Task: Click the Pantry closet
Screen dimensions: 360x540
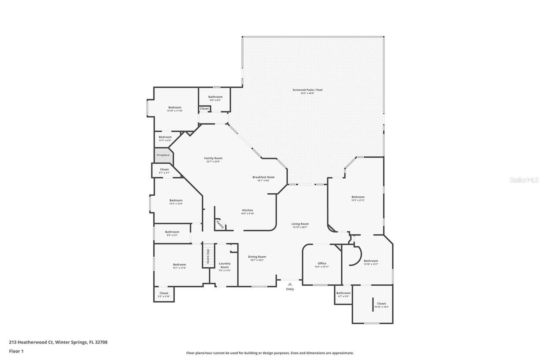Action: [x=219, y=224]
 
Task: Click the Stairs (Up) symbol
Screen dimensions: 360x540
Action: [x=208, y=256]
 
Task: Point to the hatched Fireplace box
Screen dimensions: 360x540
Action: [x=162, y=155]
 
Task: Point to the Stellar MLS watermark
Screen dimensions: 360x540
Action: [x=524, y=180]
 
